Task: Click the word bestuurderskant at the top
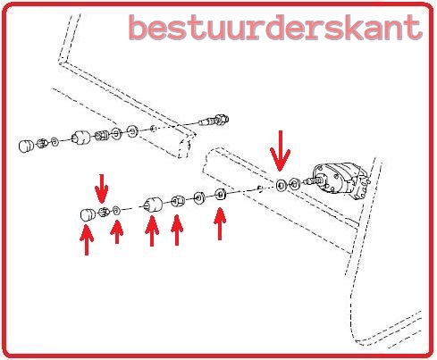point(274,27)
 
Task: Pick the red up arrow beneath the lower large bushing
point(152,232)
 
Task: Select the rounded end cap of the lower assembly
point(88,214)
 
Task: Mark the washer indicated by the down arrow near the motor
point(282,185)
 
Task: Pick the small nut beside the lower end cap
point(105,212)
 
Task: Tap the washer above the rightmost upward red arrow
point(220,194)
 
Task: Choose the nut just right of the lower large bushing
point(178,200)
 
